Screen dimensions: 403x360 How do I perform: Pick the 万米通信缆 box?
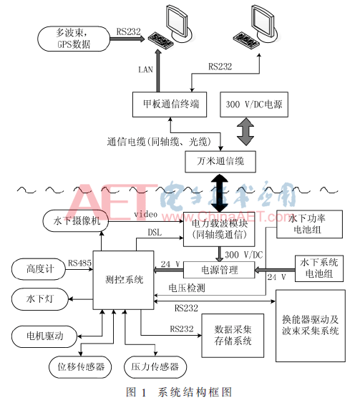(x=220, y=162)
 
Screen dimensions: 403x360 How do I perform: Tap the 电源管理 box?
(x=220, y=270)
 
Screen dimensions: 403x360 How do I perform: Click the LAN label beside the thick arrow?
(x=145, y=70)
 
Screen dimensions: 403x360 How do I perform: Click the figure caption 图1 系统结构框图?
(x=179, y=392)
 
